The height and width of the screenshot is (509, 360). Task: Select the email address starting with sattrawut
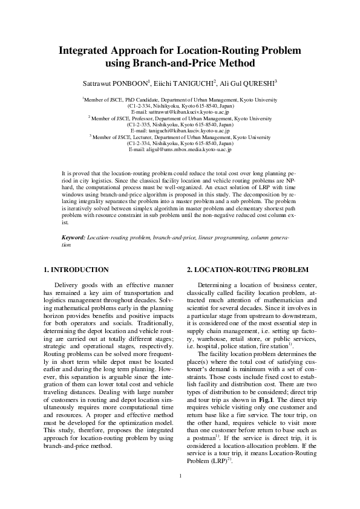pyautogui.click(x=180, y=112)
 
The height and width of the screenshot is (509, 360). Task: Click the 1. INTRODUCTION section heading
pyautogui.click(x=77, y=269)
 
